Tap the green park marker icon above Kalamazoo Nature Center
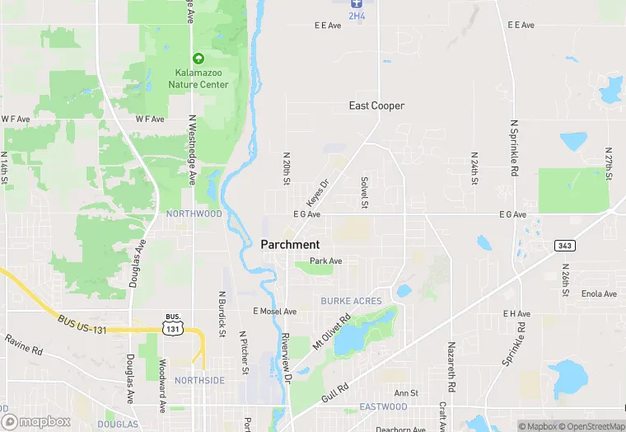click(198, 59)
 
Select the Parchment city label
click(290, 244)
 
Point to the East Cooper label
click(376, 106)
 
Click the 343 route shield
click(564, 246)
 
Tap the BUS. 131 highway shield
click(172, 323)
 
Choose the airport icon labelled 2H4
click(357, 4)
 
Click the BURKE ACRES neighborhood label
click(352, 301)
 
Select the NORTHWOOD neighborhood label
click(194, 214)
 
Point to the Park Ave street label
click(325, 261)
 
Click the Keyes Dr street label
click(317, 193)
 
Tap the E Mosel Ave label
click(274, 312)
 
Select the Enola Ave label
click(599, 294)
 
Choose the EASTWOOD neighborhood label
click(383, 407)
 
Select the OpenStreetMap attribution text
click(591, 426)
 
